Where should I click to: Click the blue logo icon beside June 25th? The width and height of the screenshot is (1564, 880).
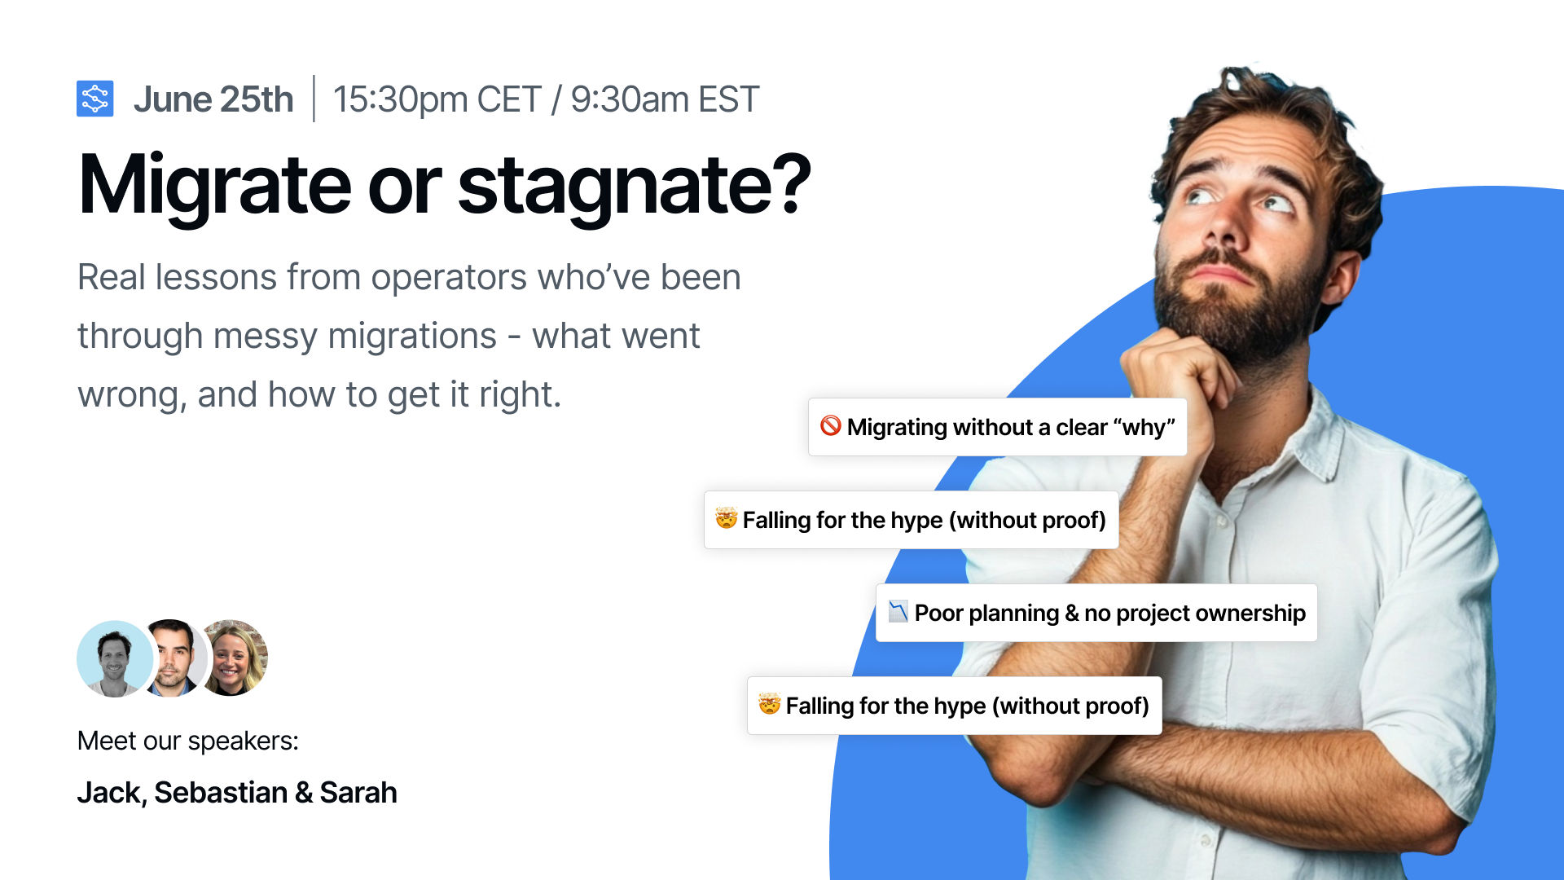click(94, 99)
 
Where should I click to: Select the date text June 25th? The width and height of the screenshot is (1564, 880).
click(213, 99)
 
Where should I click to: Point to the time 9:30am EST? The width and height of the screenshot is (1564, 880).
click(665, 99)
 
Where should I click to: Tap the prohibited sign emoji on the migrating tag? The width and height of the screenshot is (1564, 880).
click(830, 425)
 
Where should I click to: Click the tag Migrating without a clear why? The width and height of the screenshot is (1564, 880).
click(997, 427)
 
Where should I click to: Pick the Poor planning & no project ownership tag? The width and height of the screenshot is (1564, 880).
click(1096, 613)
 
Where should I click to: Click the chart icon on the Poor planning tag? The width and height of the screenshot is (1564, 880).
click(898, 611)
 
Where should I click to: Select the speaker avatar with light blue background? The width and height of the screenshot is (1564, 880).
click(115, 658)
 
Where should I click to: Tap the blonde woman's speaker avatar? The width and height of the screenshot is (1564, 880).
click(234, 658)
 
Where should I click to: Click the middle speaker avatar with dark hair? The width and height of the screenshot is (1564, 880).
click(173, 658)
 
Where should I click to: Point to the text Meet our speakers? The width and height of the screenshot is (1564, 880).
click(188, 741)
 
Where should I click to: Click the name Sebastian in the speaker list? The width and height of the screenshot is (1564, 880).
click(221, 793)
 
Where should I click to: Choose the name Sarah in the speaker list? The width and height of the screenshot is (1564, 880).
click(358, 793)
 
